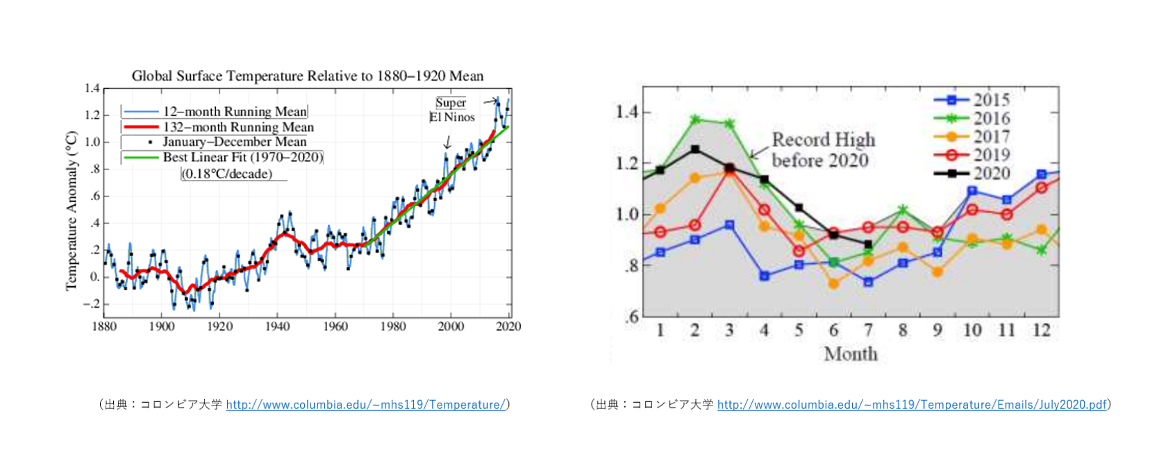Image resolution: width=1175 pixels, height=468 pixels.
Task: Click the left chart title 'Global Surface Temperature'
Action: pos(307,76)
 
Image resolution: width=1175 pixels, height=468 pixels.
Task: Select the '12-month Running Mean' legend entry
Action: pos(234,112)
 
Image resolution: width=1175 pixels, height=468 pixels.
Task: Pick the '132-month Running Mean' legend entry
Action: pos(237,127)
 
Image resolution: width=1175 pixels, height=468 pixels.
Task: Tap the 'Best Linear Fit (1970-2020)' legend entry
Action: pos(242,158)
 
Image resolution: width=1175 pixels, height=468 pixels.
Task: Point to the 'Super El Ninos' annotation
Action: pos(451,110)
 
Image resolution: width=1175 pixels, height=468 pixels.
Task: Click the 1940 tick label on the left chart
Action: pos(277,326)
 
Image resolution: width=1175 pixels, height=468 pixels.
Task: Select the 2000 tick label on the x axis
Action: pos(451,326)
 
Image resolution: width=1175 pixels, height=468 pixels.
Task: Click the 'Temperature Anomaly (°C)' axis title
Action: pos(71,210)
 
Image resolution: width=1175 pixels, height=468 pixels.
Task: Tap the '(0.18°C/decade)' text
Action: pos(226,174)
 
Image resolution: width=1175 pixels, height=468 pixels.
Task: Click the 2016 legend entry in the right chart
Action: pos(990,119)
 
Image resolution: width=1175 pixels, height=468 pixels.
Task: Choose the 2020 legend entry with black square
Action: pos(990,173)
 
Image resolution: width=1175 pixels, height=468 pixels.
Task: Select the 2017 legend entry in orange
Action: pos(990,137)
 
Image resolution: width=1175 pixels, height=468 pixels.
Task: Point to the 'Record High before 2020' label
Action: pos(822,150)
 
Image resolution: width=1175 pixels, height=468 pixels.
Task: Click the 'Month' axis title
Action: pos(851,354)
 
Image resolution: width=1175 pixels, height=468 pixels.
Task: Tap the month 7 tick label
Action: pos(868,331)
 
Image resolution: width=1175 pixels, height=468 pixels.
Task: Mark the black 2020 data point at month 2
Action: pos(695,149)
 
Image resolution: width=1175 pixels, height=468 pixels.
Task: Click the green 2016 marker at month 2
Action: pos(695,119)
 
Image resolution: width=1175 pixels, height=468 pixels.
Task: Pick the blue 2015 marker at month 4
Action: pos(765,276)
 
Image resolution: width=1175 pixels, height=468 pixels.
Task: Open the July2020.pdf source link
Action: pos(911,405)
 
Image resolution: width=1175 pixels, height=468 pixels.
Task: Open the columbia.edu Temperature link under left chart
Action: pos(365,405)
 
